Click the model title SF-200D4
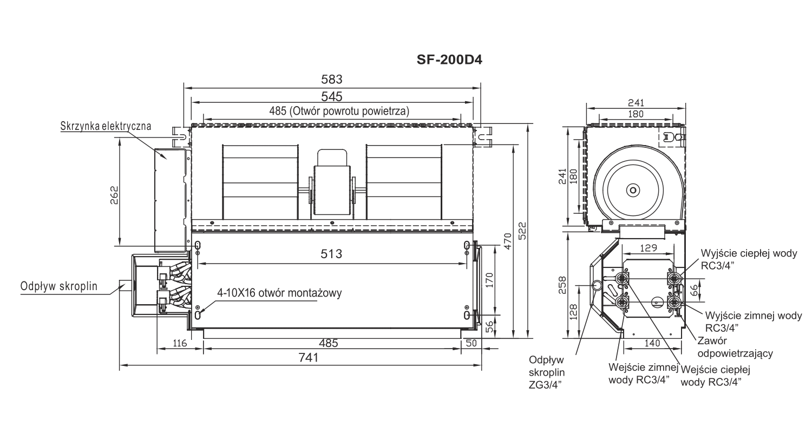click(449, 60)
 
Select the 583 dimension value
click(332, 80)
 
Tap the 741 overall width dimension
click(309, 358)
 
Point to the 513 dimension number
click(331, 254)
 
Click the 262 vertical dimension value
click(114, 195)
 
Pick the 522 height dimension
click(522, 231)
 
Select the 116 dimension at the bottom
click(179, 343)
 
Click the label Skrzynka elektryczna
click(106, 126)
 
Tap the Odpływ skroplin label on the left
click(58, 286)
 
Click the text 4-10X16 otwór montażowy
click(279, 293)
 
